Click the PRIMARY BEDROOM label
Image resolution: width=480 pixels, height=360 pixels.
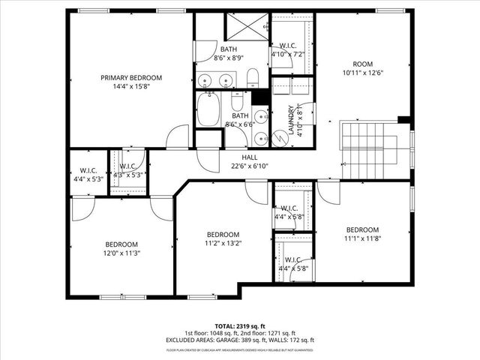(131, 77)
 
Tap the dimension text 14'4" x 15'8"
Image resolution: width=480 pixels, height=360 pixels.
(131, 87)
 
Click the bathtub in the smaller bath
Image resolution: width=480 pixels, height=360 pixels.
(210, 112)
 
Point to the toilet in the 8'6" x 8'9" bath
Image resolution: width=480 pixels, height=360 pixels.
(253, 77)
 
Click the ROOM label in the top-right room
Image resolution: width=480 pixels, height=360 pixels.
(363, 64)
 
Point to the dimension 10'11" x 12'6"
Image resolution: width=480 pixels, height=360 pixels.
(363, 73)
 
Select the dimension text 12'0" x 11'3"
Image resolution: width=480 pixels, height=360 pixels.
(121, 253)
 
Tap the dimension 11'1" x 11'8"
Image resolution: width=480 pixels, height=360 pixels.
(362, 239)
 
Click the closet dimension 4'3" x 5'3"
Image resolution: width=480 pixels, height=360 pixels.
(127, 175)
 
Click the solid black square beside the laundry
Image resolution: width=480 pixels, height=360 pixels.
(260, 97)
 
